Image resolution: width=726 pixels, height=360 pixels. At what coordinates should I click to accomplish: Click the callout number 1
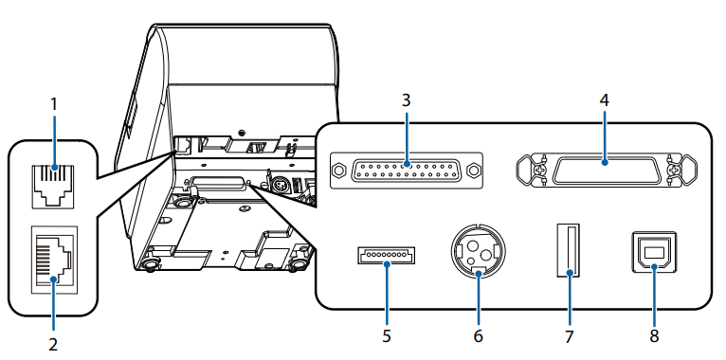pos(54,105)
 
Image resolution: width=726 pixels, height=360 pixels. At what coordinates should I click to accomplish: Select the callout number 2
pos(53,344)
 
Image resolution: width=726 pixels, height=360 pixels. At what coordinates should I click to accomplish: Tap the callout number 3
pos(406,100)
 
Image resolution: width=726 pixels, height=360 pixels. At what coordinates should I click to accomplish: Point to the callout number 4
pos(605,101)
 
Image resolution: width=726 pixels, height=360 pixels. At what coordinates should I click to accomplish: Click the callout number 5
pos(387,335)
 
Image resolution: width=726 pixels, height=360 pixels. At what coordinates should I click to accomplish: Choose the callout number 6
pos(478,335)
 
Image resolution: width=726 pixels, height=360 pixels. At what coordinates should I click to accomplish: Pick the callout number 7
pos(569,335)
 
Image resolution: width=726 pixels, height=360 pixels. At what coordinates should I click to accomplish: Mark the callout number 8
pos(654,335)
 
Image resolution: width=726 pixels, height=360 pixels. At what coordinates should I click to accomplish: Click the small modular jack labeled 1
pos(53,186)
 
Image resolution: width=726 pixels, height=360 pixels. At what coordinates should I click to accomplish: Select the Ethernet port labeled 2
pos(54,259)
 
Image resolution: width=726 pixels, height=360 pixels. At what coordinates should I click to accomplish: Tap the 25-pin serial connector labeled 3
pos(406,171)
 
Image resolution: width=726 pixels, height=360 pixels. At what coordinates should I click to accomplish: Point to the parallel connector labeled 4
pos(607,170)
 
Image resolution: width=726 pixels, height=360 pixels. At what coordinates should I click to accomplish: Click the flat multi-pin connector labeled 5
pos(386,256)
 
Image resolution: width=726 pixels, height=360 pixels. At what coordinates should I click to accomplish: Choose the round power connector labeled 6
pos(478,253)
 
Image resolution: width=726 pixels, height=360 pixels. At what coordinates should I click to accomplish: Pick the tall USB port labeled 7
pos(569,250)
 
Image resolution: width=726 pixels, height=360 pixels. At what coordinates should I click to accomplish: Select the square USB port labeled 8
pos(654,251)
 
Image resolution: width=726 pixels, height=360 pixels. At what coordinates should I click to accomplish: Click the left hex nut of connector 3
pos(339,171)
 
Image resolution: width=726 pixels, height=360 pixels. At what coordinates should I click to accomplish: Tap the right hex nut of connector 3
pos(473,171)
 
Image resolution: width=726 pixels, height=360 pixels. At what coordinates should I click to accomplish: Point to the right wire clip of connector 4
pos(683,171)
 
